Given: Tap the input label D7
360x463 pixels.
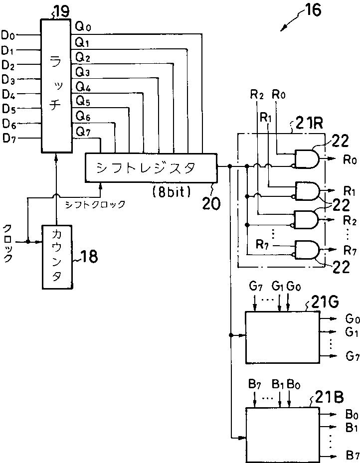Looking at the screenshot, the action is tap(9, 139).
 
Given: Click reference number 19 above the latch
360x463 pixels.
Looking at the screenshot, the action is tap(61, 11).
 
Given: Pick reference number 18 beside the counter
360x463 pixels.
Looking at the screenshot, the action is tap(89, 257).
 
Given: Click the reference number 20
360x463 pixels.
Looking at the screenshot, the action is tap(211, 203).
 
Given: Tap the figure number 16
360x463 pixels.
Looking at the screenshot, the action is tap(313, 10).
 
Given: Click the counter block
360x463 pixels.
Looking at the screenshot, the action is tap(57, 257).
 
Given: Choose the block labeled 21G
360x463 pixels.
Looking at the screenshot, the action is tap(283, 337).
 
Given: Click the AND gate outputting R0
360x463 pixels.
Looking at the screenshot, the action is tap(307, 159).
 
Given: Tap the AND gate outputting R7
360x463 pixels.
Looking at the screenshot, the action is tap(307, 250).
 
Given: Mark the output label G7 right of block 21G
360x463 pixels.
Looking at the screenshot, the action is tap(353, 356).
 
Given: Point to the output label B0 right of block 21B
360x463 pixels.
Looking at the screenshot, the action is tap(352, 415).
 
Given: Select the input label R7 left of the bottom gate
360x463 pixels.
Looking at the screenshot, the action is tap(262, 244).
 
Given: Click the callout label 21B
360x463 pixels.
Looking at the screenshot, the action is tap(329, 398).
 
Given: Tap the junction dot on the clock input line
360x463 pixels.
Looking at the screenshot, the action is tap(28, 242).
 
